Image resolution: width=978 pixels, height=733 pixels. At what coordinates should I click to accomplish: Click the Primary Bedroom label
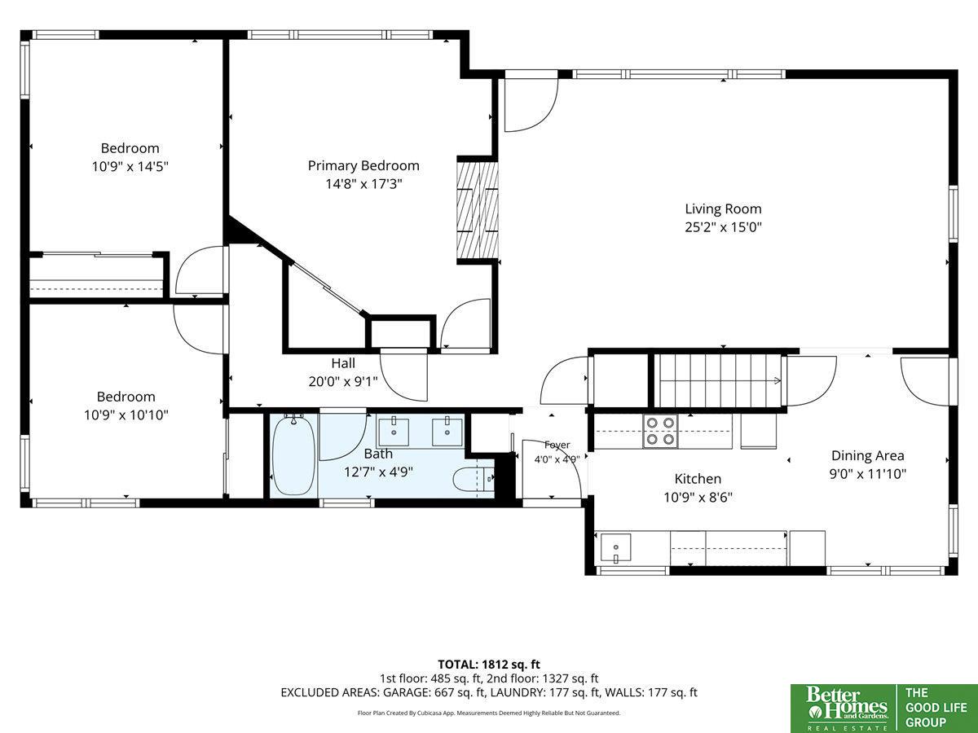pyautogui.click(x=363, y=165)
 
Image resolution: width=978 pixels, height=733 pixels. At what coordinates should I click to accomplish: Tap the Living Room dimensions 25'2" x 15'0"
pyautogui.click(x=723, y=227)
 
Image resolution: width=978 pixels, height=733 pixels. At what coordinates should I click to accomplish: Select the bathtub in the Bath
pyautogui.click(x=294, y=454)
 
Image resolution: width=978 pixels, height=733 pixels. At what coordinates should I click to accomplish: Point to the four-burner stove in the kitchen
pyautogui.click(x=660, y=432)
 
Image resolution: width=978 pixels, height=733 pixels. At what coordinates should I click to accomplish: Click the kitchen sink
pyautogui.click(x=616, y=548)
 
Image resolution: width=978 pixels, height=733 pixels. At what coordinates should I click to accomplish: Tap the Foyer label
pyautogui.click(x=557, y=445)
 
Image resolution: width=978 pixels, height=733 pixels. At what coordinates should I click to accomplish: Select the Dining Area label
pyautogui.click(x=867, y=456)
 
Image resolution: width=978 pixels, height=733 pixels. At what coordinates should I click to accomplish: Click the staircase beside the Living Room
pyautogui.click(x=718, y=380)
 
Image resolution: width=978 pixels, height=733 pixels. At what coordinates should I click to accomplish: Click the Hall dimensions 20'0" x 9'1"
pyautogui.click(x=343, y=381)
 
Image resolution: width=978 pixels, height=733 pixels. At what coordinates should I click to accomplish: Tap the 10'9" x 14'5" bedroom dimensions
pyautogui.click(x=130, y=166)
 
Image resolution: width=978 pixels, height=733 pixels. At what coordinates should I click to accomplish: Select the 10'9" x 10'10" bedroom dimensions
pyautogui.click(x=126, y=415)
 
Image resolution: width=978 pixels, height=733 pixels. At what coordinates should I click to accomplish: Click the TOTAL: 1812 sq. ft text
pyautogui.click(x=489, y=665)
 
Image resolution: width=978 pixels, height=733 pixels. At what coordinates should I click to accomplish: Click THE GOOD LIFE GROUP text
pyautogui.click(x=936, y=707)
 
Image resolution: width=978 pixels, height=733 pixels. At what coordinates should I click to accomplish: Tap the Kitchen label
pyautogui.click(x=698, y=479)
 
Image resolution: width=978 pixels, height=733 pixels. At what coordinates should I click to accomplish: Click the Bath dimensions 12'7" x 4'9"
pyautogui.click(x=378, y=472)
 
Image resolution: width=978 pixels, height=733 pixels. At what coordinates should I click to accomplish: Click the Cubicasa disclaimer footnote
pyautogui.click(x=489, y=713)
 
